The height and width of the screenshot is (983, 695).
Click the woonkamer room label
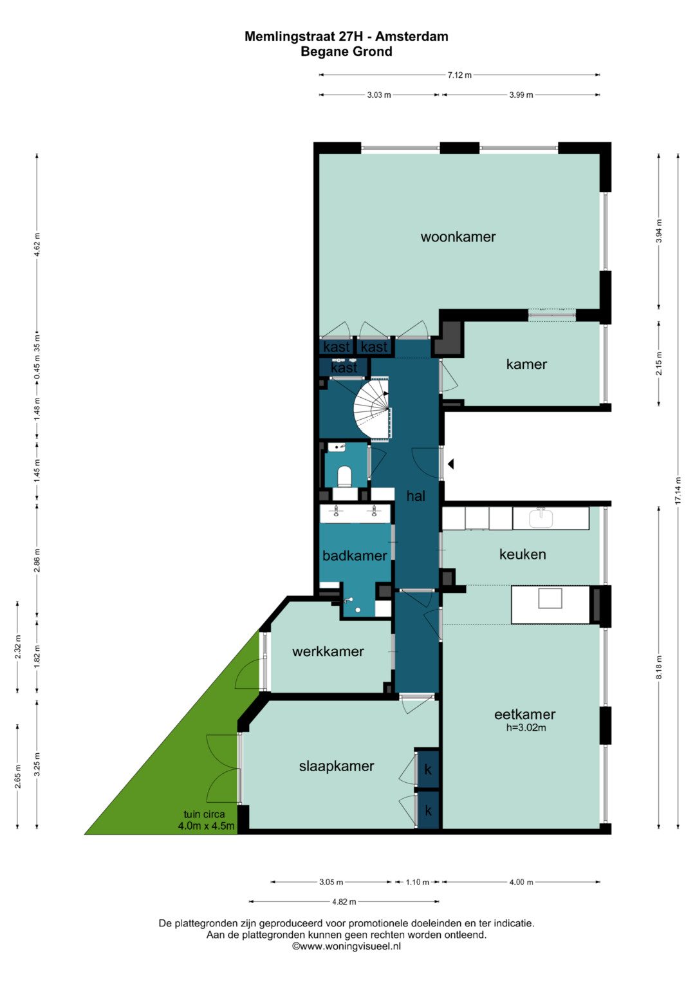[458, 237]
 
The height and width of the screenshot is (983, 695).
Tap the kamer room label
[526, 364]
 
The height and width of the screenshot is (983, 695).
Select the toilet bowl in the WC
[344, 476]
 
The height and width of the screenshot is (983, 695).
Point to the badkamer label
[355, 556]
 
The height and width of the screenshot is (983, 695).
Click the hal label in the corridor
[416, 496]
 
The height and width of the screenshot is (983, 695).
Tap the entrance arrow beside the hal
[450, 463]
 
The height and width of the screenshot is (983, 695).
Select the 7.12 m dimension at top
[459, 75]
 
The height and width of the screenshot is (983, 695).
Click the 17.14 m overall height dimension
[678, 490]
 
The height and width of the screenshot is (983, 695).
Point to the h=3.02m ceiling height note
[526, 727]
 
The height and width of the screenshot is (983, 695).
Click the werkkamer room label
[328, 651]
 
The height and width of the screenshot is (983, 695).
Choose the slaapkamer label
[337, 766]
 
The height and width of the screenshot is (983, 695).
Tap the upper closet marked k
[428, 769]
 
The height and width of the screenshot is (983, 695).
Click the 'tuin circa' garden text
[204, 814]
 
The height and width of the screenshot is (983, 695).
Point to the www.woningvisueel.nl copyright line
[347, 946]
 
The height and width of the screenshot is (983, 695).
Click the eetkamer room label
[524, 715]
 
